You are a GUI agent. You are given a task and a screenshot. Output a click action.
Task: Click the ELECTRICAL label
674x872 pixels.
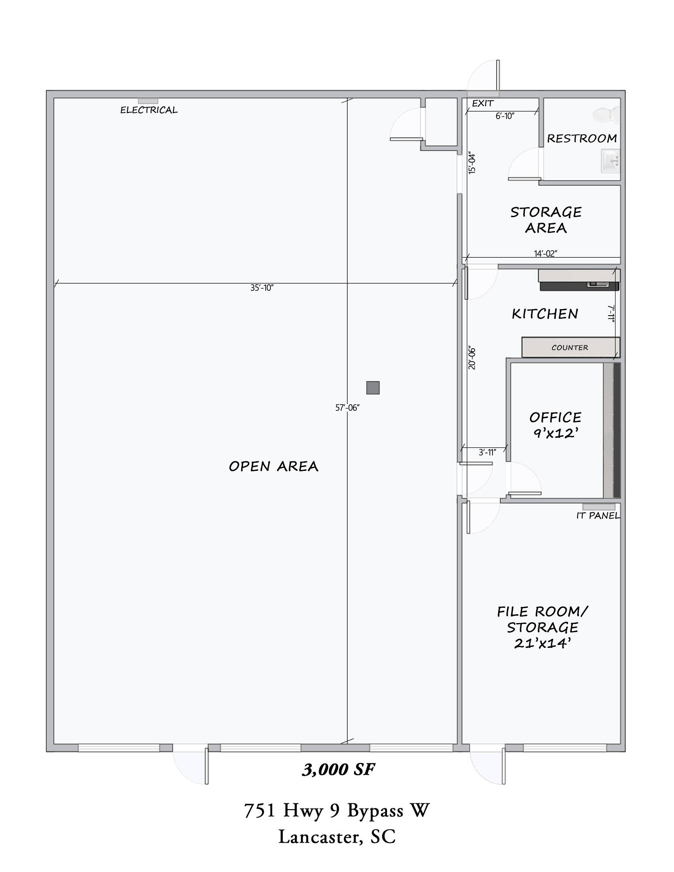pos(149,110)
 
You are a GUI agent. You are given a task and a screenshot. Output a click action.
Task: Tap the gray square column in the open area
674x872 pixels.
pos(373,388)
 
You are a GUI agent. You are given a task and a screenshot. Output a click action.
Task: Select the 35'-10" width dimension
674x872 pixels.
pos(262,288)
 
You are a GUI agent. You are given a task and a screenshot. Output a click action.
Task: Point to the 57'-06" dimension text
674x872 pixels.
pos(347,408)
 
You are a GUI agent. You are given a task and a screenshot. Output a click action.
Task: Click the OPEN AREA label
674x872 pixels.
pos(274,467)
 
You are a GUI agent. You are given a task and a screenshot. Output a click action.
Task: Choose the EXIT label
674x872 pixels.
pos(483,103)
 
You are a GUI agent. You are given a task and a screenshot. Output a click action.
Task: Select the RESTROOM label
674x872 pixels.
pos(582,139)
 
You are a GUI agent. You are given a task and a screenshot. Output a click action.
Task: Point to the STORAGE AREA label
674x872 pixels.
pos(546,220)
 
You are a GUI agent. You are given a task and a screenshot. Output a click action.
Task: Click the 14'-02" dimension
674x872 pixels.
pos(546,253)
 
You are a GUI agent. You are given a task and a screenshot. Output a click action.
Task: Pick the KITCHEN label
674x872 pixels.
pos(545,314)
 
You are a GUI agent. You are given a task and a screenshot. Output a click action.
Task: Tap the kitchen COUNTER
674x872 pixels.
pos(571,347)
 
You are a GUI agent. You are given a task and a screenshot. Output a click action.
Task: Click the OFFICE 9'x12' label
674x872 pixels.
pos(555,425)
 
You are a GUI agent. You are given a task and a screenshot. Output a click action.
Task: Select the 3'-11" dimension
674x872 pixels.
pos(487,452)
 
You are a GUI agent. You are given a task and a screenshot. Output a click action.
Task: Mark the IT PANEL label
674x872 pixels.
pos(598,516)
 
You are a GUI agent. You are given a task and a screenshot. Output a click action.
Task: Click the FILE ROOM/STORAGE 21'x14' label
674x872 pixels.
pos(543,627)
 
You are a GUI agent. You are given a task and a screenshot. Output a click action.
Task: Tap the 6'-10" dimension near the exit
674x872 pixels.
pos(505,116)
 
